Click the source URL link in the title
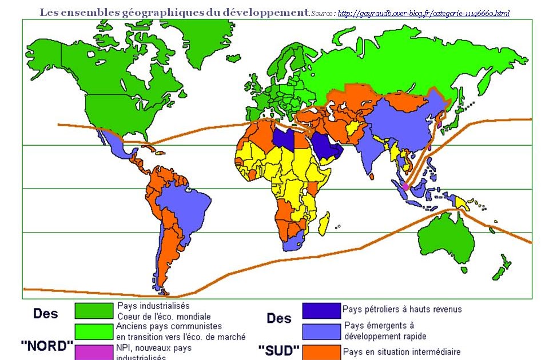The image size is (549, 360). [423, 13]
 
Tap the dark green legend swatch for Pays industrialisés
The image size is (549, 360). [94, 310]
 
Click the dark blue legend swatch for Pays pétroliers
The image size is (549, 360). [321, 310]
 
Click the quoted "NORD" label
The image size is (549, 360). [47, 346]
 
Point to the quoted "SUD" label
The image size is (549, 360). [279, 349]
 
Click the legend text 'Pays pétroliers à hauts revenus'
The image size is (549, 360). [402, 310]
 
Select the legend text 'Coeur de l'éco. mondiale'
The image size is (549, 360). [164, 317]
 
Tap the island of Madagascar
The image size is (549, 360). [324, 223]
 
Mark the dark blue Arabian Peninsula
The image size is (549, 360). [328, 147]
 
